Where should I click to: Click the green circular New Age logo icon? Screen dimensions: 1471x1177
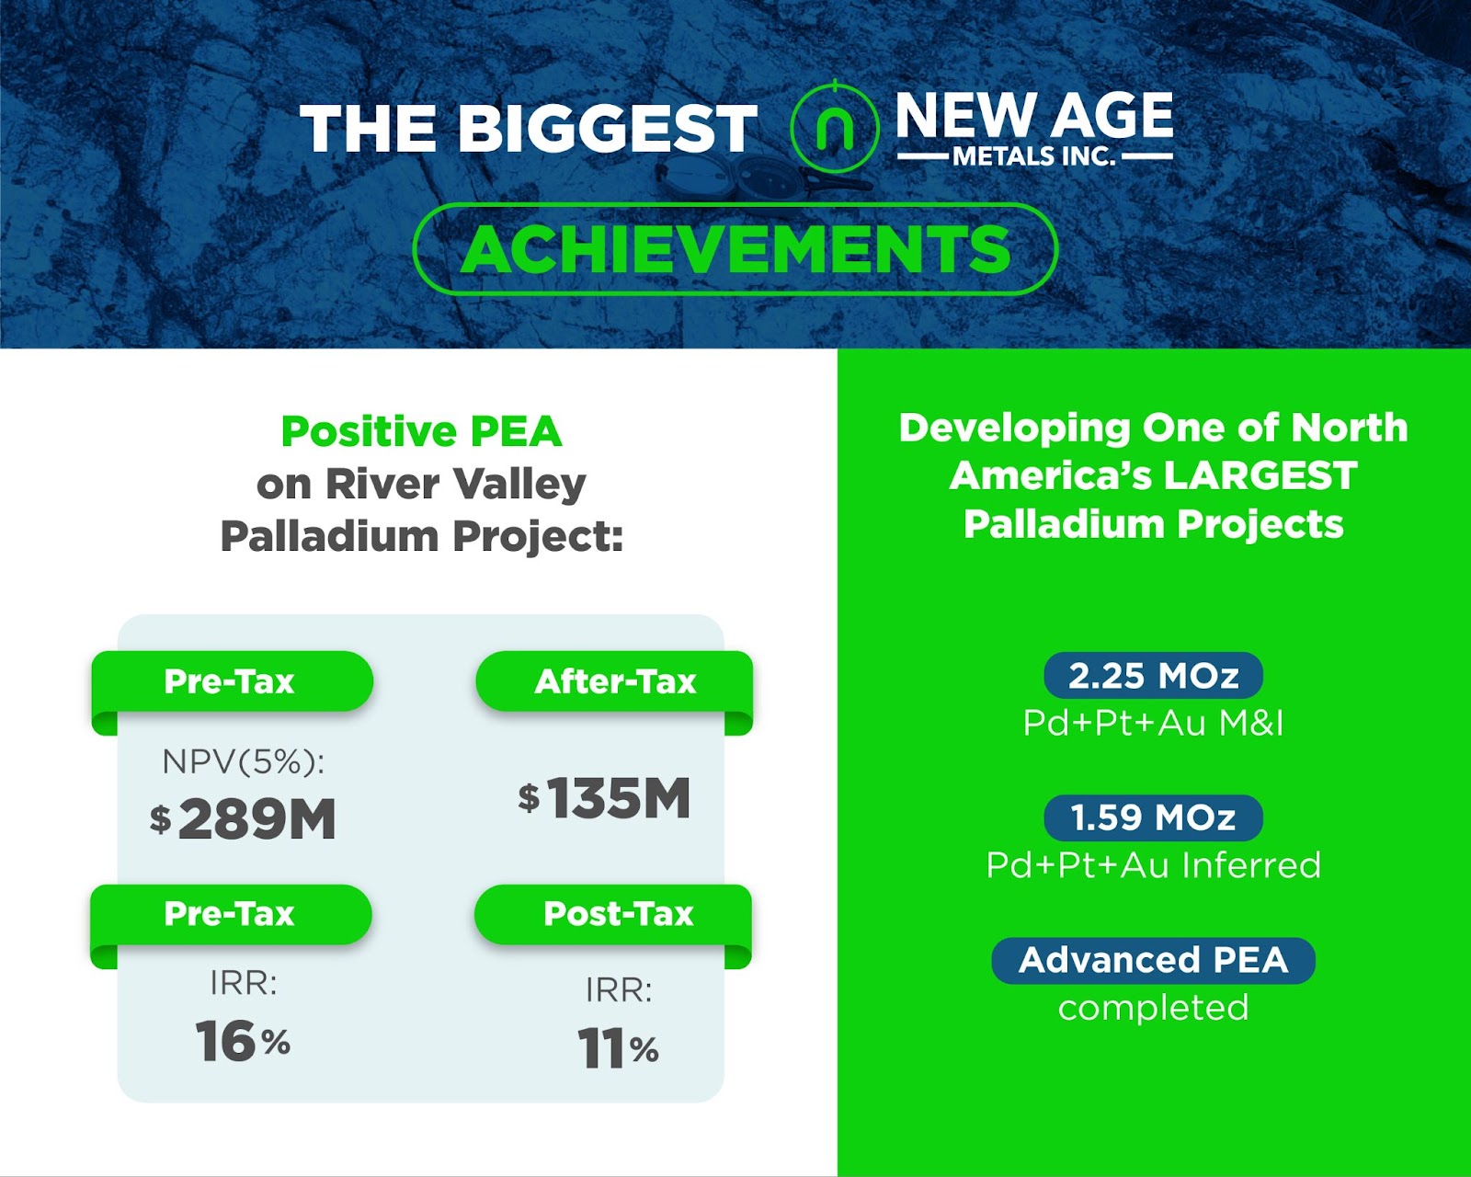point(834,127)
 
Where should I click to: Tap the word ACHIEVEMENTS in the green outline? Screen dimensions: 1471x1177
point(735,249)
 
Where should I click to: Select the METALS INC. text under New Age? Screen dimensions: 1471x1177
point(1034,156)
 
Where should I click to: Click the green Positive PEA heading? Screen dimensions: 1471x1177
point(422,431)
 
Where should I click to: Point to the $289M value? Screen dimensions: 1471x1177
point(243,818)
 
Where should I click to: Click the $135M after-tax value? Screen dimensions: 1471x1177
point(604,797)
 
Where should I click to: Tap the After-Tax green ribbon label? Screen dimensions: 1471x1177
point(614,682)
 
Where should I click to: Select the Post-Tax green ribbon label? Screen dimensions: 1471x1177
point(613,914)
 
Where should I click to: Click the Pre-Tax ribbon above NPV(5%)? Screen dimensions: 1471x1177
point(233,682)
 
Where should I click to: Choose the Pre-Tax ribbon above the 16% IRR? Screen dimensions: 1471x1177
point(231,914)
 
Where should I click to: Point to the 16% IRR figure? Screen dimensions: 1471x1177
point(243,1041)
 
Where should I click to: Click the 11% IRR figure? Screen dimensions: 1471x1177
point(618,1047)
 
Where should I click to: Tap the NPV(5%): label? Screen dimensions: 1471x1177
point(244,761)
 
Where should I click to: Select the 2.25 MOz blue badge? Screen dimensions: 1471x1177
point(1153,676)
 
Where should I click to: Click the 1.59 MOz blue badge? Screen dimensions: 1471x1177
point(1153,818)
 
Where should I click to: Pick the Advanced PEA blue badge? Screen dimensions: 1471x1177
point(1153,960)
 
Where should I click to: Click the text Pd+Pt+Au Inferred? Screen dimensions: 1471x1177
point(1153,865)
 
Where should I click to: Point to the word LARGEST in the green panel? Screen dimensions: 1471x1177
point(1260,475)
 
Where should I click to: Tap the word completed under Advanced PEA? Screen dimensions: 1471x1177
point(1153,1009)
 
